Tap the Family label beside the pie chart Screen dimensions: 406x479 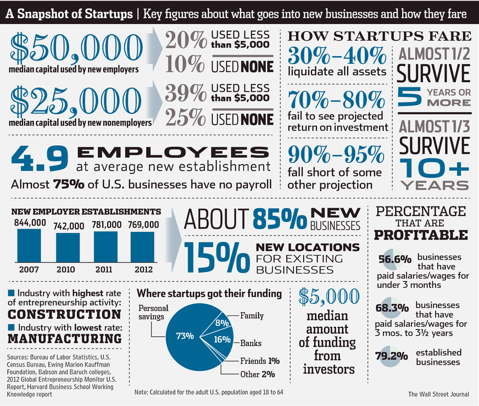pyautogui.click(x=252, y=316)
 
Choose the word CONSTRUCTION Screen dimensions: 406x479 pyautogui.click(x=65, y=314)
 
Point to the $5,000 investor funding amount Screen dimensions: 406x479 pyautogui.click(x=327, y=297)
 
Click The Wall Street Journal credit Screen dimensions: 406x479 pyautogui.click(x=437, y=394)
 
